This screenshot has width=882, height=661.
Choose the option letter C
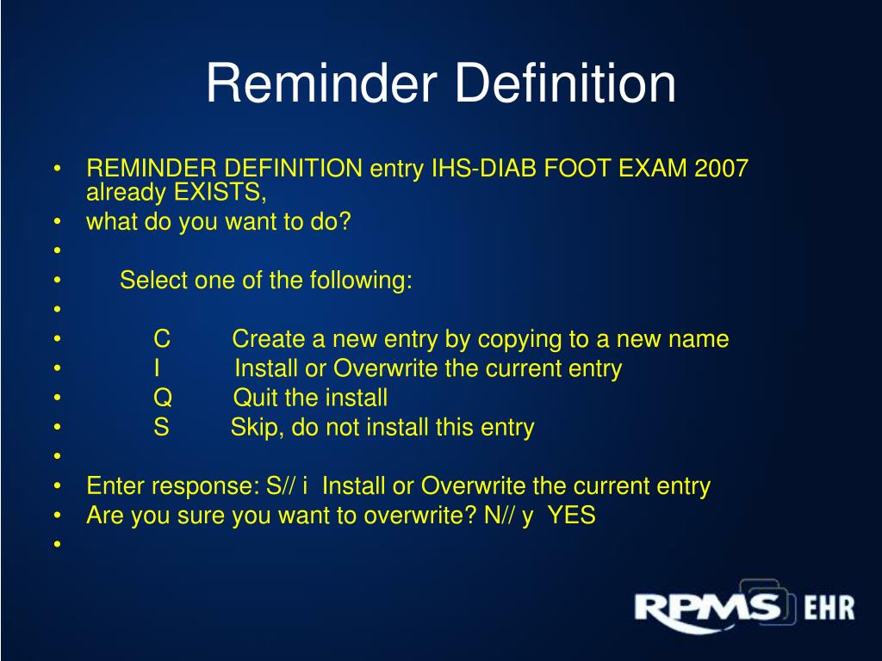click(x=162, y=339)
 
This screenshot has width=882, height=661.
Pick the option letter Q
click(x=163, y=398)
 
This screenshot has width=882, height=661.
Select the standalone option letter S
click(x=162, y=427)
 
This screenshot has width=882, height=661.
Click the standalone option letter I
click(x=158, y=368)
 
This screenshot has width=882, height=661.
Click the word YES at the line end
click(x=572, y=516)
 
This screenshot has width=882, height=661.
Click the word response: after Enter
click(x=206, y=487)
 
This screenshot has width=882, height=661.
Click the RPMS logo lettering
click(x=706, y=608)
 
